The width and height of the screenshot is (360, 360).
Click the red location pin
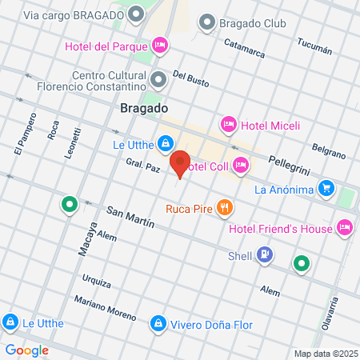[x=180, y=162]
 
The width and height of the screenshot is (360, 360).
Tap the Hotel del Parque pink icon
[x=159, y=46]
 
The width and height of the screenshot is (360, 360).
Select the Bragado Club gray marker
[x=207, y=22]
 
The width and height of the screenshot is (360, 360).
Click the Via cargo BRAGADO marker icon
[x=137, y=14]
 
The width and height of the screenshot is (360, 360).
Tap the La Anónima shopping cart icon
[x=326, y=189]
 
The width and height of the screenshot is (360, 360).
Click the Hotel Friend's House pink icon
[x=346, y=228]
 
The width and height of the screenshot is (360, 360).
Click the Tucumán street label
[x=314, y=49]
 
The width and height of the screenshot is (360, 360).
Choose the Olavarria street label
[x=331, y=315]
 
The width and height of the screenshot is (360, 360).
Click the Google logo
[x=26, y=350]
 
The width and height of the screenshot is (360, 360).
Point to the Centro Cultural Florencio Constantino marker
[x=158, y=79]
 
